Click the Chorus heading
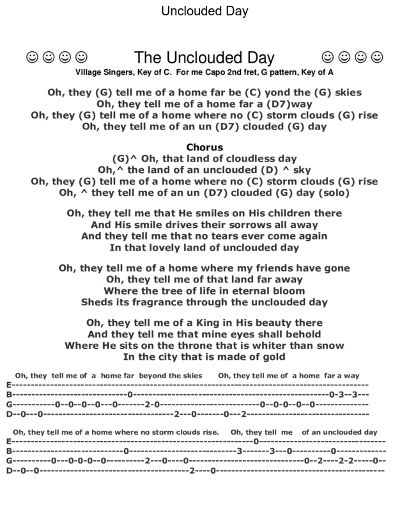point(204,147)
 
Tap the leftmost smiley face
point(32,58)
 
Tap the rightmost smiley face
point(377,58)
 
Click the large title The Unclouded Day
point(204,58)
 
